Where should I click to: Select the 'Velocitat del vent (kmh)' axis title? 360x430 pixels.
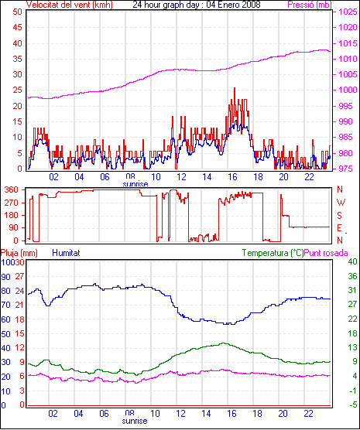(70, 5)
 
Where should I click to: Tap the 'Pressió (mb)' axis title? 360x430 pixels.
(310, 5)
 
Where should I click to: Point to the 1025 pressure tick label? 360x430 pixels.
(348, 12)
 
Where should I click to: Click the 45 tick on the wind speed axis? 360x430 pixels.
(17, 27)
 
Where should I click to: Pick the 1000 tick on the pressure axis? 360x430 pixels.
(348, 90)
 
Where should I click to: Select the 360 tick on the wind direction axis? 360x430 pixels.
(12, 189)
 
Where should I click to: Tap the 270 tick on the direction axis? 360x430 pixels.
(12, 203)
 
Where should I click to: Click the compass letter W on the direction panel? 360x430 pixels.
(341, 203)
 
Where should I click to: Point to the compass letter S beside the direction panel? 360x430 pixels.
(340, 216)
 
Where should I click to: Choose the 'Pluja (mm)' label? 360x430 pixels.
(19, 253)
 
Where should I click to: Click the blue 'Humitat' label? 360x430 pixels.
(66, 253)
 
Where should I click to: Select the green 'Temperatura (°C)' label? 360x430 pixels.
(273, 253)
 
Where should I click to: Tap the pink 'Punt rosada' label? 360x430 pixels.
(326, 253)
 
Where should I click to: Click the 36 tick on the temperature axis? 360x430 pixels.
(352, 276)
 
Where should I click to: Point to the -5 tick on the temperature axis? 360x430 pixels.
(353, 404)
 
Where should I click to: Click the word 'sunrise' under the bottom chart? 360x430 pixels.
(135, 421)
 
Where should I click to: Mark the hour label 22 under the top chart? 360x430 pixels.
(309, 177)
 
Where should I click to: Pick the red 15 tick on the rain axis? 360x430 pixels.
(20, 333)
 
